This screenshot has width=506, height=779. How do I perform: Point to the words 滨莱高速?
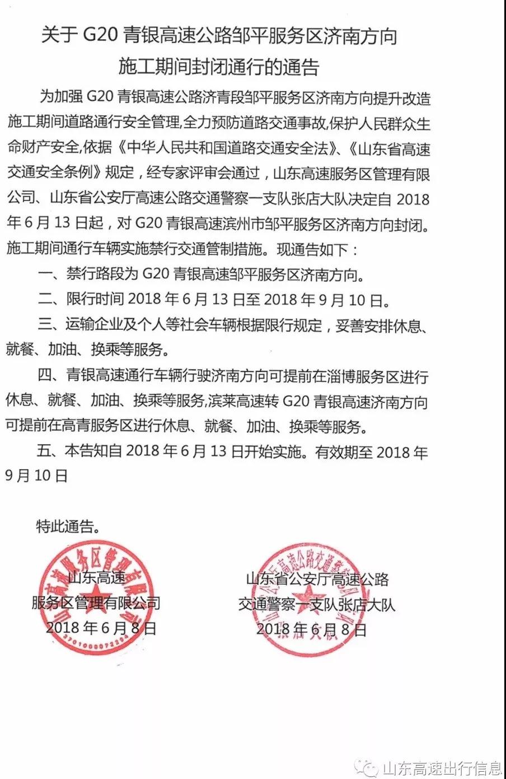point(243,401)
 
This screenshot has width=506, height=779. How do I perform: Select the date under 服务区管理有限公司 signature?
point(101,627)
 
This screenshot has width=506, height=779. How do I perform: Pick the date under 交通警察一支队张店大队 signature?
point(311,629)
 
